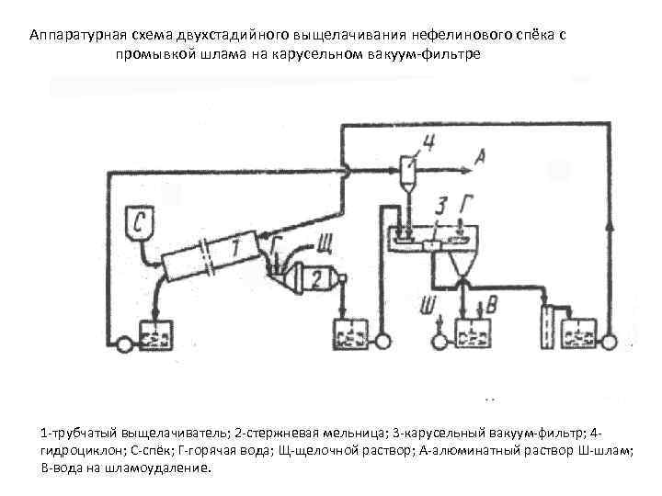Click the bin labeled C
141,221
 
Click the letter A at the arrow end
479,159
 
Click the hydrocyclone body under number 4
408,171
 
